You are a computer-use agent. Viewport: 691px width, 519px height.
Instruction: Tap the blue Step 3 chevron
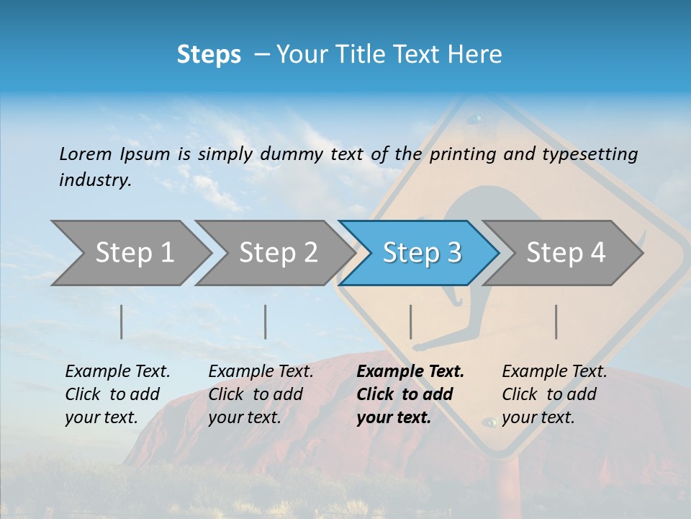[x=422, y=252]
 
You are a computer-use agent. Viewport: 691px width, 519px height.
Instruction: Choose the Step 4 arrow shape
[x=566, y=252]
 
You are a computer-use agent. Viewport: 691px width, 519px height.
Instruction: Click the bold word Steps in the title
[x=209, y=54]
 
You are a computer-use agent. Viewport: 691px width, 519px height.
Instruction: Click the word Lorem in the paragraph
[x=85, y=154]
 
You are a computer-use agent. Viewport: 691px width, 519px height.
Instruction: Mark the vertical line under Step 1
[x=122, y=321]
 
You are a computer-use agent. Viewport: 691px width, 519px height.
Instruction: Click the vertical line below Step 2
[x=266, y=321]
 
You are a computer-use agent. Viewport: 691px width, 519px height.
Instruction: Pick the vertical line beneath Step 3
[x=410, y=321]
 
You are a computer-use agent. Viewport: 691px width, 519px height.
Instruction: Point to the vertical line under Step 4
[x=556, y=321]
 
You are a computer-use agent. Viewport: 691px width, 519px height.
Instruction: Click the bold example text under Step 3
[x=410, y=394]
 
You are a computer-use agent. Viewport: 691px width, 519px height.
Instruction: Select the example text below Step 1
[x=117, y=394]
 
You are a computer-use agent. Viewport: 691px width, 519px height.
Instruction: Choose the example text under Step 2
[x=261, y=394]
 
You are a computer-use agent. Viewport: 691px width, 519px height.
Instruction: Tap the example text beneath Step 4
[x=554, y=394]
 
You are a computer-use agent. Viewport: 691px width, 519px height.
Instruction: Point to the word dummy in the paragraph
[x=292, y=154]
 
